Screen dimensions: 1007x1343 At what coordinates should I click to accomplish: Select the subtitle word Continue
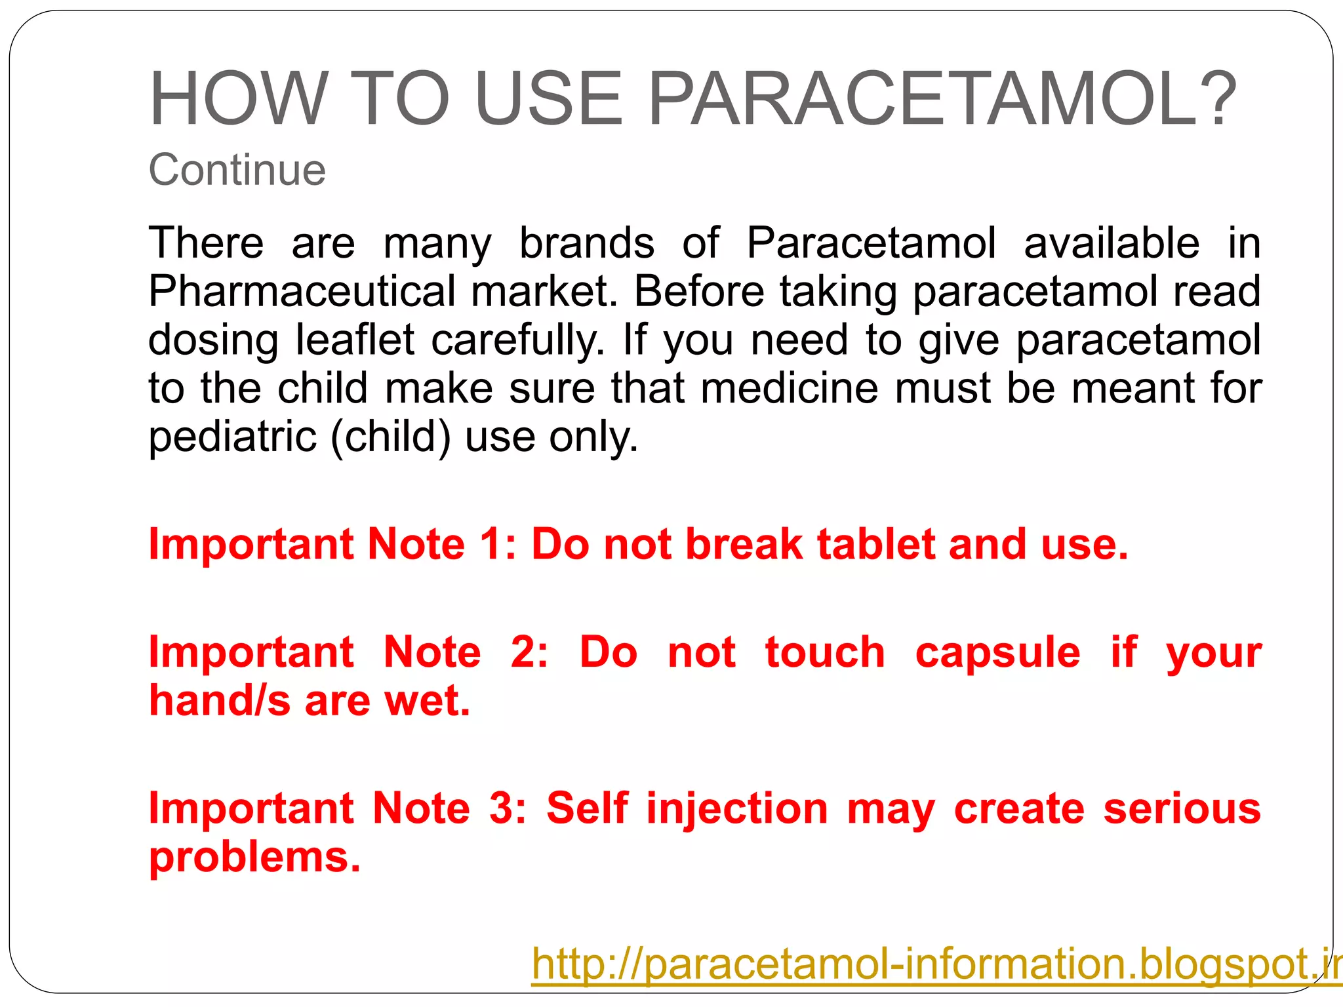tap(237, 170)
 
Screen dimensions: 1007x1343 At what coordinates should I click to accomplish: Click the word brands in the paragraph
tap(587, 243)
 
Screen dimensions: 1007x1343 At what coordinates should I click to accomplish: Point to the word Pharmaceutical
tap(302, 291)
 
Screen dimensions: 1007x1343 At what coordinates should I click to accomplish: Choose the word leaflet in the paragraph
tap(355, 340)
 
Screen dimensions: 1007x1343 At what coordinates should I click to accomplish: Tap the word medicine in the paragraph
tap(789, 388)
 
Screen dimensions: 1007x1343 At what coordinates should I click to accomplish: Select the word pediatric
tap(232, 437)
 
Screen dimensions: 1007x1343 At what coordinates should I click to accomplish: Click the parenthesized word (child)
tap(391, 437)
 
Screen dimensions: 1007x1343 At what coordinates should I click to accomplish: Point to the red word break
tap(744, 544)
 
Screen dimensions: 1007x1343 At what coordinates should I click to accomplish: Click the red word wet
tap(427, 701)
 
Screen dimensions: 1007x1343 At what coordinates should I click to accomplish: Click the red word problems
tap(254, 858)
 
